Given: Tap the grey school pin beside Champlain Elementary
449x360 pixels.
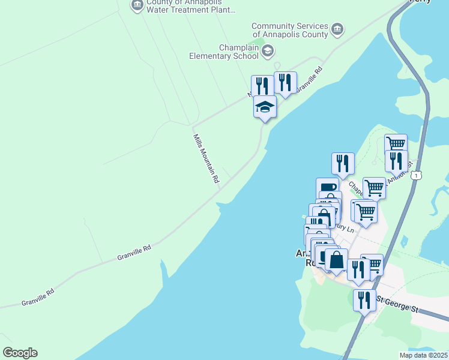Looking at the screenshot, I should coord(267,52).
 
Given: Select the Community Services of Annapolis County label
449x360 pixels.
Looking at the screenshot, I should coord(289,30).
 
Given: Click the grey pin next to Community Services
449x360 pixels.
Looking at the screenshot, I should coord(337,29).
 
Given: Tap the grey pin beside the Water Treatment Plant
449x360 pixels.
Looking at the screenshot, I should coord(137,5).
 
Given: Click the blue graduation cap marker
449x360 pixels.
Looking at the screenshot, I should coord(265,107).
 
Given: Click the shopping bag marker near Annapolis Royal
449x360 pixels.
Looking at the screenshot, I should coord(337,260).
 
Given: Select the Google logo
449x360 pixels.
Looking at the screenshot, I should coord(20,353).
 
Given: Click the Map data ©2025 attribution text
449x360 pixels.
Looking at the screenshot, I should coord(423,355).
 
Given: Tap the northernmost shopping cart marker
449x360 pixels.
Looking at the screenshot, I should coord(396,145).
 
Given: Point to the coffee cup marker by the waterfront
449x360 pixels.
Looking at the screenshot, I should coord(328,188).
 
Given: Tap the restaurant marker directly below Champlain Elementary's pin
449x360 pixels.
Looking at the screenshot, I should coord(262,86).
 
